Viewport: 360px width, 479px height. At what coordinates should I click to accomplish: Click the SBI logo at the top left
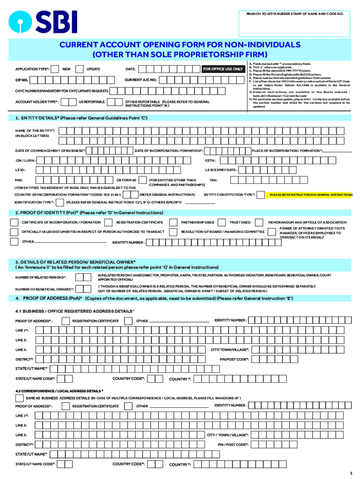(44, 22)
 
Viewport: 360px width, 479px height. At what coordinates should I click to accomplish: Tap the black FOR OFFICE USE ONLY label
(223, 69)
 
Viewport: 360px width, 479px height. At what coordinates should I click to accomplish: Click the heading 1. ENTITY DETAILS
(82, 118)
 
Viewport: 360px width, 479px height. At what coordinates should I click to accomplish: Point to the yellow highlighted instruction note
(309, 194)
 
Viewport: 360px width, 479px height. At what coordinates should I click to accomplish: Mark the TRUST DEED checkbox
(224, 222)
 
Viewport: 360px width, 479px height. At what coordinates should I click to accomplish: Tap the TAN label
(213, 180)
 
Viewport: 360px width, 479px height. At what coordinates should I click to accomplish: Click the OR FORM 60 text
(126, 180)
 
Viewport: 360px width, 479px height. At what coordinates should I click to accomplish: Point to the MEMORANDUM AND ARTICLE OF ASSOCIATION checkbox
(262, 222)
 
